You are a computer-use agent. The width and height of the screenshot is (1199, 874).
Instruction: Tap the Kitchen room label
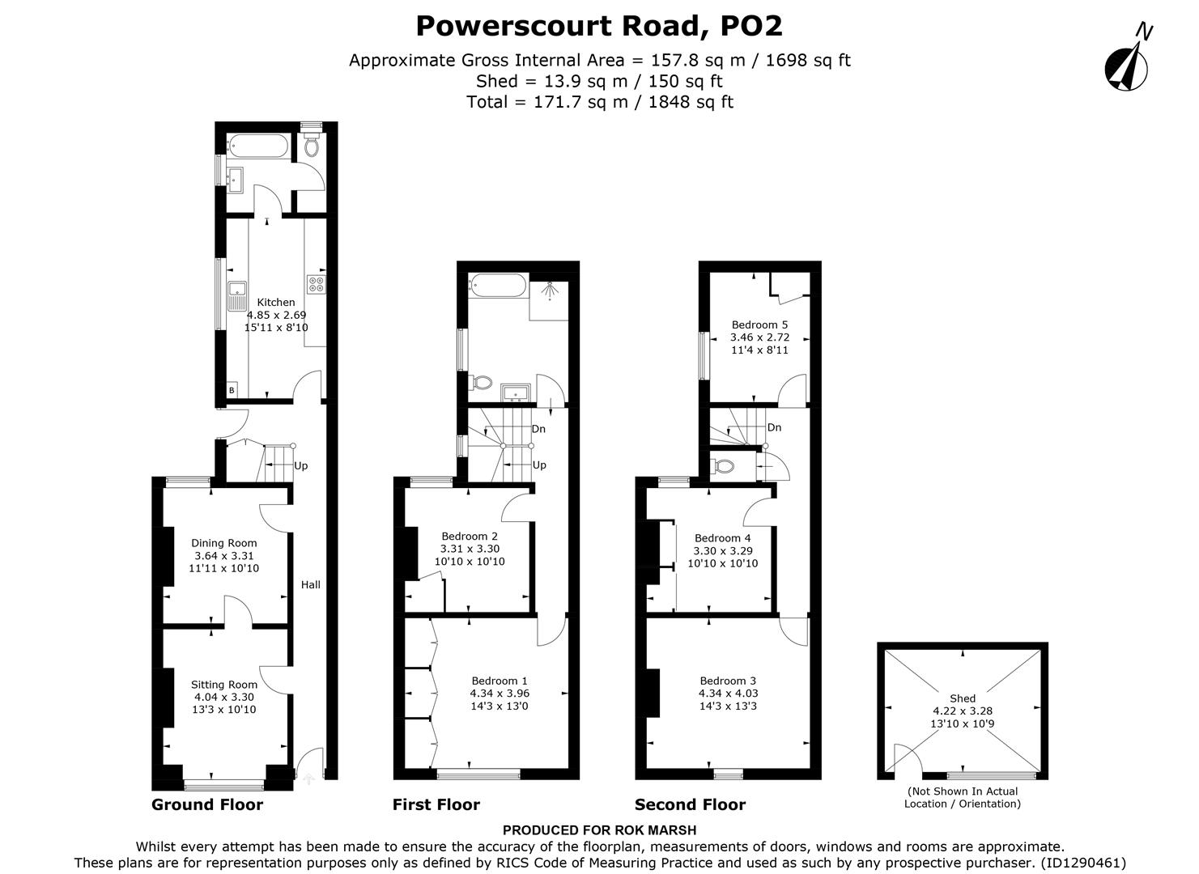point(276,303)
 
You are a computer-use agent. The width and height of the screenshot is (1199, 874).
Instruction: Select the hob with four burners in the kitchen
point(316,285)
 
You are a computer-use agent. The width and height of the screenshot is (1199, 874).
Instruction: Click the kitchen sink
point(237,295)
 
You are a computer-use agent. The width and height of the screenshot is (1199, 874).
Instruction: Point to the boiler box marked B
point(232,391)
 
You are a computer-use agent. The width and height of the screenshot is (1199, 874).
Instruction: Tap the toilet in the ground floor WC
point(311,146)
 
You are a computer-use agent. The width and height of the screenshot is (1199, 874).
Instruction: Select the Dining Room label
point(224,543)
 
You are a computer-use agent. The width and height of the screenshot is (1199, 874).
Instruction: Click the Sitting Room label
point(224,685)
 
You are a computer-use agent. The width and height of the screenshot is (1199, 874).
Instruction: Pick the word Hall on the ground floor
point(311,584)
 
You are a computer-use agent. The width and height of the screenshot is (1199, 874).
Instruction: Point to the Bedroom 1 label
point(500,681)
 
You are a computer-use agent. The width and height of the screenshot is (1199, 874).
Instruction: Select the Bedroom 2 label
point(470,536)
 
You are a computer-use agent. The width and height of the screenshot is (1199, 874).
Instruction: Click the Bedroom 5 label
point(759,325)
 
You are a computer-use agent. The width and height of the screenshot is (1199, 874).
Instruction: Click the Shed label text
point(963,698)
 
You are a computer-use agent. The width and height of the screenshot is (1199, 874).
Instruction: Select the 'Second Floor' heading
point(690,804)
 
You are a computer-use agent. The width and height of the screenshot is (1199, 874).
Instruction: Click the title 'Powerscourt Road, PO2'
point(599,26)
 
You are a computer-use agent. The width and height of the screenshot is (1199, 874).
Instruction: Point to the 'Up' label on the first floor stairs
point(539,465)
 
